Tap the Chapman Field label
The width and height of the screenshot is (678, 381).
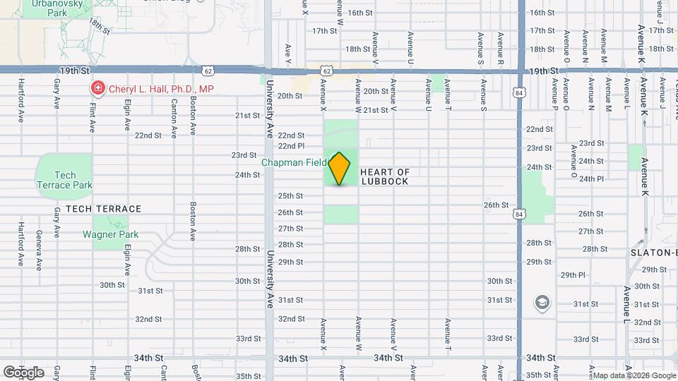pos(294,162)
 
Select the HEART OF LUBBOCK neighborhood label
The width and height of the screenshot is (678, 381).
pos(385,176)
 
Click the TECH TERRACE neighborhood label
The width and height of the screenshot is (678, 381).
pos(104,209)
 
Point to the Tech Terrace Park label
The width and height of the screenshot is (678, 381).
pos(64,180)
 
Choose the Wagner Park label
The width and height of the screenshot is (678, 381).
pos(110,234)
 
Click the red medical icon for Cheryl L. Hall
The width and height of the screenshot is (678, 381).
pos(98,89)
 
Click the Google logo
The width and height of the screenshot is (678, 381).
pos(23,372)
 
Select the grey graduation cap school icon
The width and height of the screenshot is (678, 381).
pos(542,303)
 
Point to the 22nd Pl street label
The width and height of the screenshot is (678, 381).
pos(291,146)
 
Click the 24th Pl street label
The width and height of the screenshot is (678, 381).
pos(591,179)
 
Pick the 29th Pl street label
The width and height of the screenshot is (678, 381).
pos(573,274)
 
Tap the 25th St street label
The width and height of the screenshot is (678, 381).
pos(290,195)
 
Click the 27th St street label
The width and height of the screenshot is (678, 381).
pos(290,228)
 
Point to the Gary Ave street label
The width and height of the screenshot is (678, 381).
pos(56,93)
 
